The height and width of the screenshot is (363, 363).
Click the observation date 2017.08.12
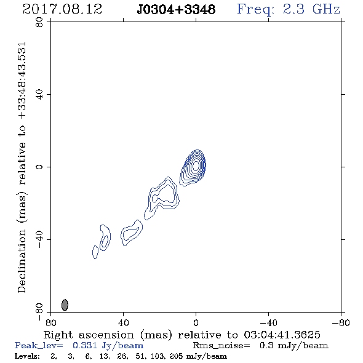(x=62, y=9)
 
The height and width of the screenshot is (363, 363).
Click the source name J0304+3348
(x=176, y=10)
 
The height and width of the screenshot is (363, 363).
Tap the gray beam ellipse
(x=65, y=305)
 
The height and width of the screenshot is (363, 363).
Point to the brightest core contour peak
(x=196, y=166)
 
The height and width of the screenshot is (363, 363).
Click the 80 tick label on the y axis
(x=39, y=22)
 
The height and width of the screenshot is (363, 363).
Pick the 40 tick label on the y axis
(x=39, y=95)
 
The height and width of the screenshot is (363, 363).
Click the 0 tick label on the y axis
(x=39, y=167)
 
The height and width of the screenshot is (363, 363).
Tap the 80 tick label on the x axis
(x=50, y=323)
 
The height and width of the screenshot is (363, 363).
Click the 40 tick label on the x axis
(x=124, y=323)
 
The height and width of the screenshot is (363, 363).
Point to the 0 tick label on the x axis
(x=196, y=323)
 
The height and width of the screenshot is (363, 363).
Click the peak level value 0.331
(x=85, y=345)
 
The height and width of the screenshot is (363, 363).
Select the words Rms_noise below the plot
(x=221, y=346)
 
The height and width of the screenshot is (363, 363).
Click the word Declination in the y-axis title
(x=22, y=261)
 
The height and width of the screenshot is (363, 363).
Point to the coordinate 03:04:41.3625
(x=282, y=335)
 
